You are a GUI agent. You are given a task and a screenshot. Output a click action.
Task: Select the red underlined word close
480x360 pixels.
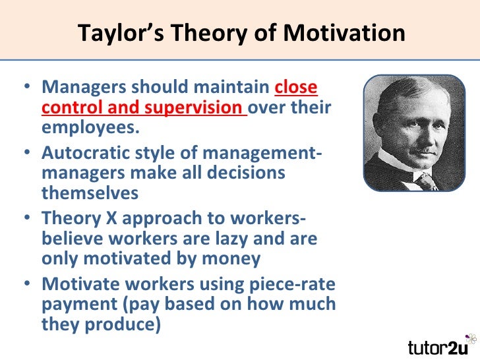(295, 88)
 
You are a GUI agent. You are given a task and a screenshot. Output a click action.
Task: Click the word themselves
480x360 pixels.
(90, 193)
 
